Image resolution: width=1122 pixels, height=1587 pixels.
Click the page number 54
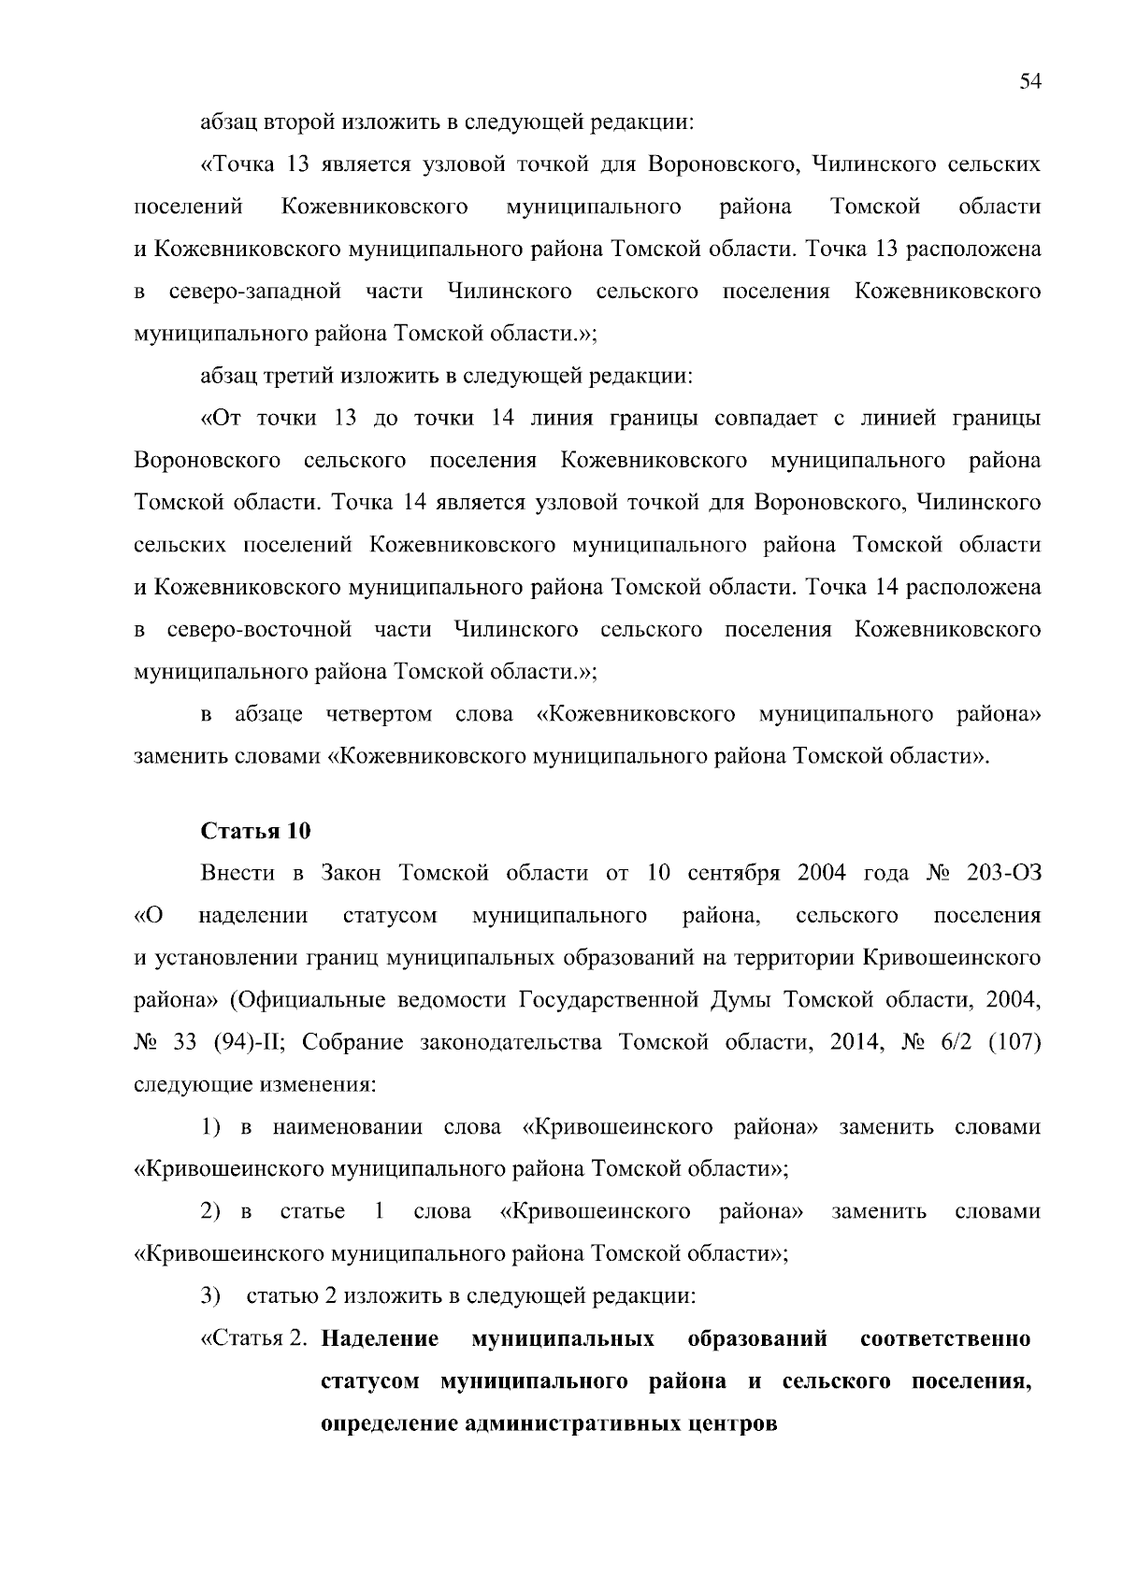(1029, 82)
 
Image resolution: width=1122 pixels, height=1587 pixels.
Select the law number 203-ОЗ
(1004, 873)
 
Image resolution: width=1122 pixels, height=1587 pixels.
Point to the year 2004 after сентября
(821, 873)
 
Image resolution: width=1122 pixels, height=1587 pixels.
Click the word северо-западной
(254, 292)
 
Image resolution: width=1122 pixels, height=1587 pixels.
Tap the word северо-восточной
(259, 629)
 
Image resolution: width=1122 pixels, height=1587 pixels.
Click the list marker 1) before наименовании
(211, 1127)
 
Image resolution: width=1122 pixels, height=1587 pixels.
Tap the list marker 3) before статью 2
(211, 1296)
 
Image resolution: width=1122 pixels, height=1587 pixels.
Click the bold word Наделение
(380, 1338)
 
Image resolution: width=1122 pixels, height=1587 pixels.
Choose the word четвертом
(379, 714)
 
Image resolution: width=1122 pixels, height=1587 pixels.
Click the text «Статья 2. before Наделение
(254, 1338)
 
